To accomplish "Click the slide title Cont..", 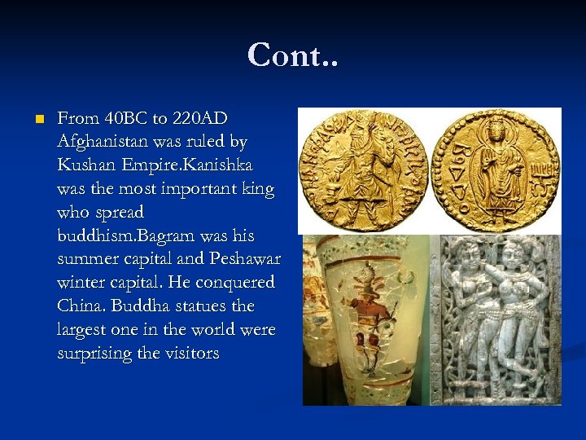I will [292, 55].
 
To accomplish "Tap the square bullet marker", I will [37, 119].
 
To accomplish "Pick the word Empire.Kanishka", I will [187, 165].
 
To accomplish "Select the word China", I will [81, 307].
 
